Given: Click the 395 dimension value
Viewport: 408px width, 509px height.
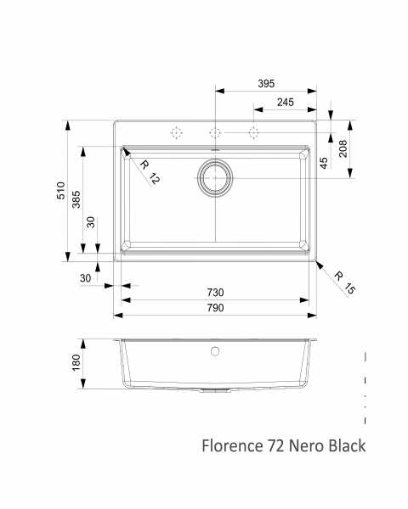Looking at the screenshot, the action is [x=266, y=83].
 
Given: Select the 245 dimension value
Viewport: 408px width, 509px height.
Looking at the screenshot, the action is [x=286, y=103].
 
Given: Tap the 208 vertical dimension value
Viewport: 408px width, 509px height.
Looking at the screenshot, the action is [x=343, y=148].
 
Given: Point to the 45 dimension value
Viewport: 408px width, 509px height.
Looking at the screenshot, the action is [x=324, y=163].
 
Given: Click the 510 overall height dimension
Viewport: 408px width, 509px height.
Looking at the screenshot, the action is [x=61, y=191].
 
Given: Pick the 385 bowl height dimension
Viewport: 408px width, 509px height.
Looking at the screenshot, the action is [x=76, y=199].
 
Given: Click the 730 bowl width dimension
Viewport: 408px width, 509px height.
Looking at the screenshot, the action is [x=215, y=293].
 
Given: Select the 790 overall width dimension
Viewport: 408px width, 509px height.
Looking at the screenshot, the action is [x=215, y=307].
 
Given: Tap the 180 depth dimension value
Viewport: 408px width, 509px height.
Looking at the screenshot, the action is [x=76, y=362].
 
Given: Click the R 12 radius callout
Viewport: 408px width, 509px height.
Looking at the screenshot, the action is [x=150, y=171].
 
